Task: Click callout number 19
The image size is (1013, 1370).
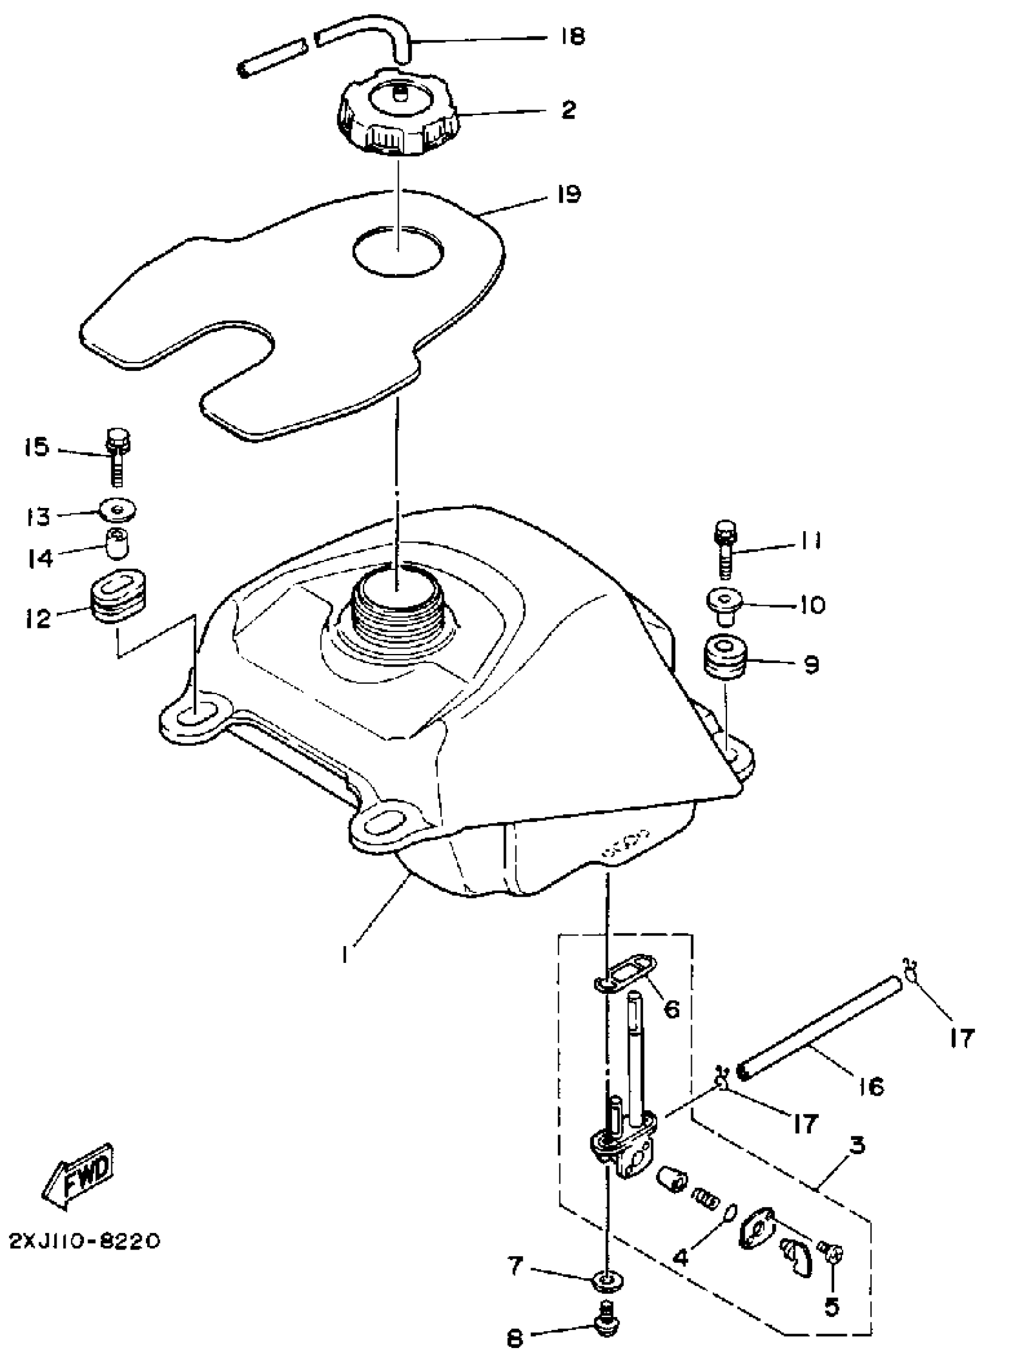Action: pos(568,195)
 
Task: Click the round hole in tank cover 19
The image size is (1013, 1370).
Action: pos(399,252)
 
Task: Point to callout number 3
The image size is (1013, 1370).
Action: pos(857,1145)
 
